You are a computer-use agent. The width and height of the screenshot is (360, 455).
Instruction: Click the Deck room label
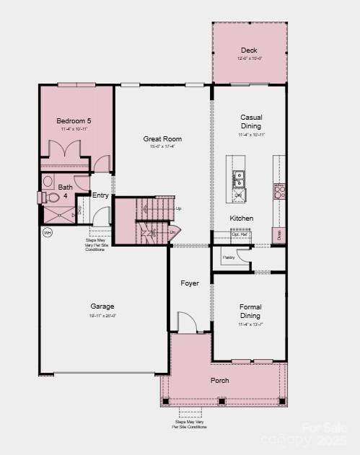coord(248,50)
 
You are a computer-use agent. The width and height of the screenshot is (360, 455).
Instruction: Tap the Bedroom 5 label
coord(74,120)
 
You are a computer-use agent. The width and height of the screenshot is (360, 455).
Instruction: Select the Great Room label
coord(162,138)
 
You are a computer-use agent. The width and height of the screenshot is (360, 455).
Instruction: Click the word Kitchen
coord(242,218)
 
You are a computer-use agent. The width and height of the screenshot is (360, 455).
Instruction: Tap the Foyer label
coord(190,283)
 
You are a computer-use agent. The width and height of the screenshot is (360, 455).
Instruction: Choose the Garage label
coord(102,306)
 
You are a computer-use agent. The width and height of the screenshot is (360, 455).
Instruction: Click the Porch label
coord(220,380)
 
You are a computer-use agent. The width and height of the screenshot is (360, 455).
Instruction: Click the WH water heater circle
coord(48,232)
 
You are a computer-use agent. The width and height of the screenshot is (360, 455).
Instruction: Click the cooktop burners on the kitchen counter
coord(278,190)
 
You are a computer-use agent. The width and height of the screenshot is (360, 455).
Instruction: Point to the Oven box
coord(278,234)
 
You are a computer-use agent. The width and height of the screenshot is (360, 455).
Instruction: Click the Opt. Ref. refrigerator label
coord(240,234)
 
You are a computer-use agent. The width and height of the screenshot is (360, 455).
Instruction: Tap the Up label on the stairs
coord(178,208)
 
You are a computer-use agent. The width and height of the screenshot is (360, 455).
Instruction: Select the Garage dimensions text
coord(102,315)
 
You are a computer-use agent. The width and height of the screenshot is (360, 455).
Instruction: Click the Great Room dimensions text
coord(162,146)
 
